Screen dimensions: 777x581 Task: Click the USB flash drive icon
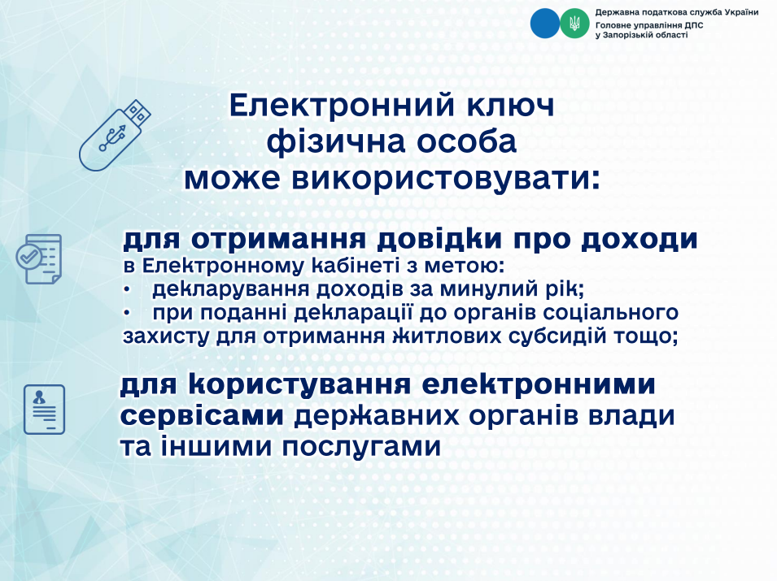click(115, 136)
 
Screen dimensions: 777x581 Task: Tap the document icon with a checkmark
click(39, 259)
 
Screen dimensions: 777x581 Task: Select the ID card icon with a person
click(44, 410)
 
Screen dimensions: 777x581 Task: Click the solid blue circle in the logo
click(544, 24)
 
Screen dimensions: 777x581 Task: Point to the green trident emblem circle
click(575, 24)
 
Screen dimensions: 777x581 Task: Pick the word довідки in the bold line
click(440, 241)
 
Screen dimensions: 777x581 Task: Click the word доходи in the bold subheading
click(639, 241)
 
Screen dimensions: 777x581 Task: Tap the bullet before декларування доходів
click(128, 289)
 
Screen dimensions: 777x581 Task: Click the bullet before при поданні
click(128, 314)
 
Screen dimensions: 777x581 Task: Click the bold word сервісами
click(202, 416)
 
